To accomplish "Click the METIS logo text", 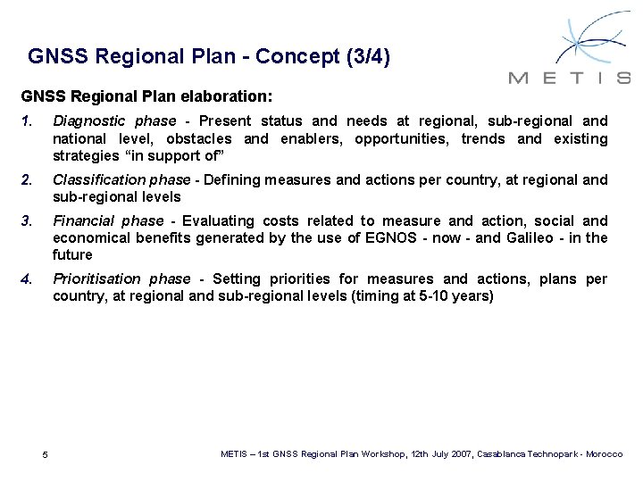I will pyautogui.click(x=569, y=78).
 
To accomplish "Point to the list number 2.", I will pyautogui.click(x=27, y=179).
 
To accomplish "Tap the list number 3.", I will pyautogui.click(x=27, y=220).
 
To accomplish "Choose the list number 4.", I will pyautogui.click(x=27, y=278).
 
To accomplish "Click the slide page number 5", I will pyautogui.click(x=46, y=456).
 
